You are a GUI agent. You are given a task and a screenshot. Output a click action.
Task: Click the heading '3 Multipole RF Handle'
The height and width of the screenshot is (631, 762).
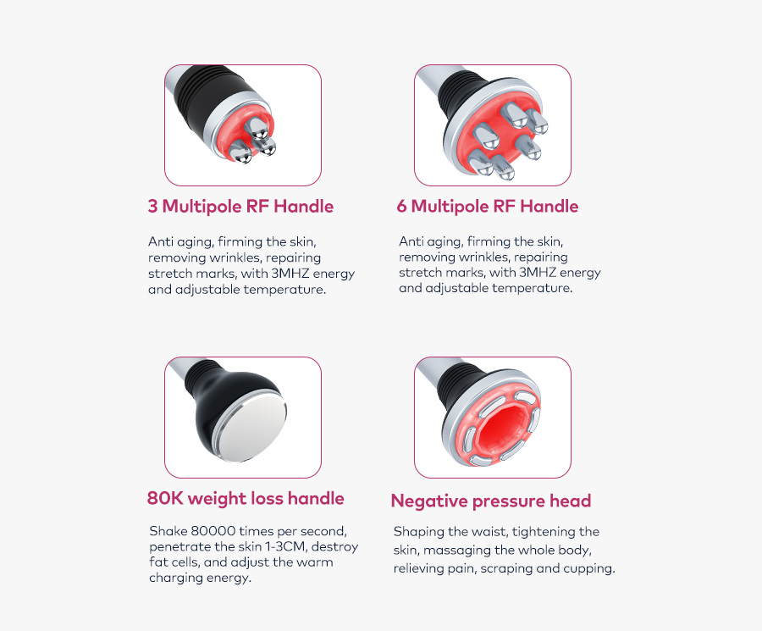coord(240,207)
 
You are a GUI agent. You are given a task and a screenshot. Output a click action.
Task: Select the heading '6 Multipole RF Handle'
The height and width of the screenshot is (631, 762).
coord(488,207)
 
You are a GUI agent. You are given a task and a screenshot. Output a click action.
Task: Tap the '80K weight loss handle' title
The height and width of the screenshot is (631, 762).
coord(246,498)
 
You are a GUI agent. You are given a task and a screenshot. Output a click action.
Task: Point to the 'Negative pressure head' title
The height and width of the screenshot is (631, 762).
coord(490,501)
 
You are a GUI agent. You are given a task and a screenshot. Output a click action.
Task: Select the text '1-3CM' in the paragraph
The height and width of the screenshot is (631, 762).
coord(287,547)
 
